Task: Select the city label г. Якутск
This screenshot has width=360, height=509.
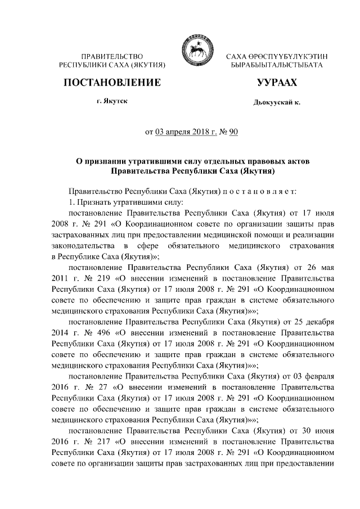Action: point(111,102)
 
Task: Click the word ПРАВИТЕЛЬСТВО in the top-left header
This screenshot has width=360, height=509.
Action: point(112,57)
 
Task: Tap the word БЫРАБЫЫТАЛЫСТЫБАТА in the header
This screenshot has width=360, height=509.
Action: point(277,66)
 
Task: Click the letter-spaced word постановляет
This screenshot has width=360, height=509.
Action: point(264,192)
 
